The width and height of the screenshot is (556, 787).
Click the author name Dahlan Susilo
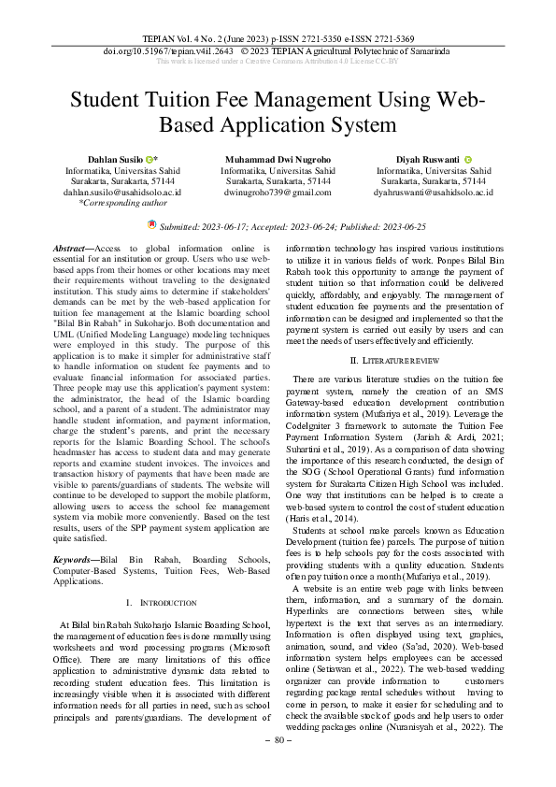pos(115,161)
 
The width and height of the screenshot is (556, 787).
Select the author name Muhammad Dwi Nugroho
pos(278,161)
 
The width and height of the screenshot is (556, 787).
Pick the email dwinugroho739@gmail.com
pos(278,192)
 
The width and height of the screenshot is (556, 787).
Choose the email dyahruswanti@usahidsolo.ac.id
pos(434,192)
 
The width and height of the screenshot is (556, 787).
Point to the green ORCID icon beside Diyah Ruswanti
pos(468,161)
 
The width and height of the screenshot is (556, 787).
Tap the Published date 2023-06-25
pos(399,226)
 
